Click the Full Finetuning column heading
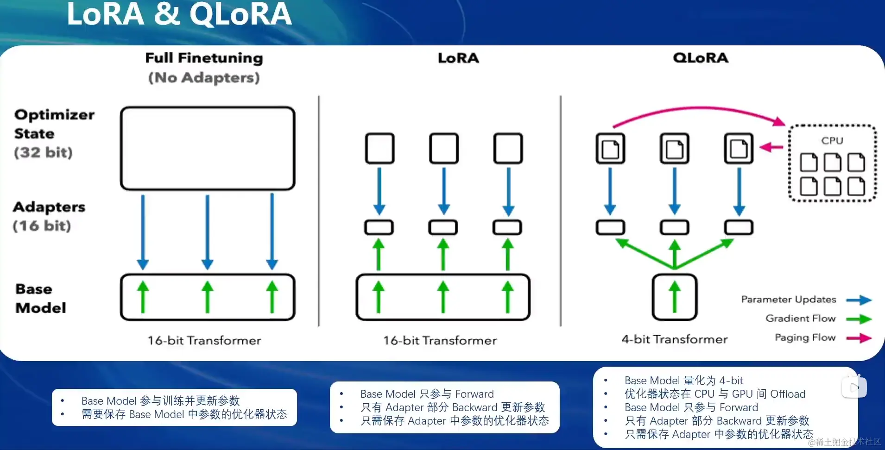tap(204, 58)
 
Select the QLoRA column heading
tap(700, 58)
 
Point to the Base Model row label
tap(40, 298)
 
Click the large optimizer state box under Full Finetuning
tap(208, 148)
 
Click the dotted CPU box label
tap(832, 140)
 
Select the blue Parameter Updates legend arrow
tap(859, 300)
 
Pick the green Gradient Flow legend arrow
tap(859, 319)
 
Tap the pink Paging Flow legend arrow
tap(859, 338)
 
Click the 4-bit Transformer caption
tap(674, 339)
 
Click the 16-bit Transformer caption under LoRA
tap(440, 341)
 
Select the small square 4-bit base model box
tap(674, 297)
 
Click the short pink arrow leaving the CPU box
tap(771, 147)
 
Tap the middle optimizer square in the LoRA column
tap(443, 148)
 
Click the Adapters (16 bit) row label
tap(49, 216)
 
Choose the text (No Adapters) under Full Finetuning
tap(204, 77)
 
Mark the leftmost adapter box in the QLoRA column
tap(610, 227)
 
